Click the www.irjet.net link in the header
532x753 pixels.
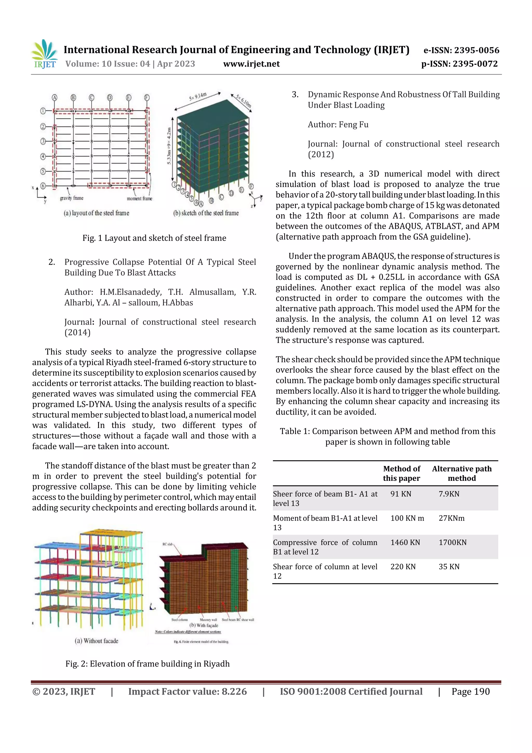pyautogui.click(x=251, y=64)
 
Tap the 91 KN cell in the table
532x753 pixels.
pyautogui.click(x=401, y=494)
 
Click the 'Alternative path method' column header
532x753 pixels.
pyautogui.click(x=462, y=473)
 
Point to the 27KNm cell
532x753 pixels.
pyautogui.click(x=451, y=518)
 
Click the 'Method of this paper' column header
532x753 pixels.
pyautogui.click(x=402, y=473)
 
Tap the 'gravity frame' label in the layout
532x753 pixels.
pyautogui.click(x=72, y=198)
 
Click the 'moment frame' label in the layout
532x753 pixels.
pyautogui.click(x=139, y=198)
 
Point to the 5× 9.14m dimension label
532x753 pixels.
pyautogui.click(x=198, y=97)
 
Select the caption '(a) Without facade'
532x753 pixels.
pyautogui.click(x=96, y=641)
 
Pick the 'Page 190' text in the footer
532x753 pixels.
pyautogui.click(x=470, y=692)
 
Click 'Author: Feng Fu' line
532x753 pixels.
pyautogui.click(x=338, y=125)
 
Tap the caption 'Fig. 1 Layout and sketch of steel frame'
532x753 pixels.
pyautogui.click(x=154, y=238)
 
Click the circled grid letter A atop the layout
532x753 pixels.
pyautogui.click(x=55, y=97)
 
